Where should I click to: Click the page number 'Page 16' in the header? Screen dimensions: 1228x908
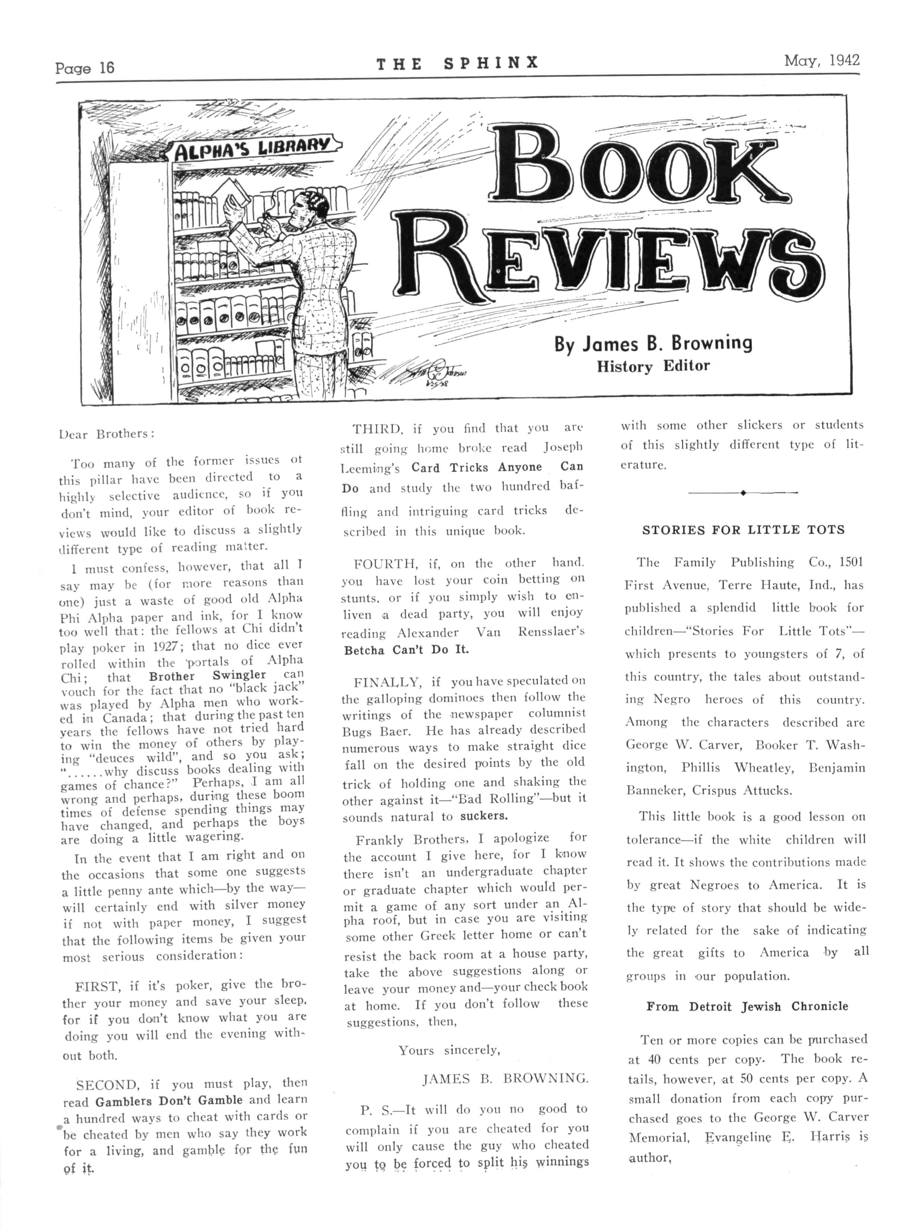pos(85,68)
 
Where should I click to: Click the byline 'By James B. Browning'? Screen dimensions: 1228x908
pos(653,344)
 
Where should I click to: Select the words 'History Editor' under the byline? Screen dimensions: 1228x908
pos(653,366)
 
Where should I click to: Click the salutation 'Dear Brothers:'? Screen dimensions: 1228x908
pos(107,433)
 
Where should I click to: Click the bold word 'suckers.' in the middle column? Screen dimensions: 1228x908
pos(484,816)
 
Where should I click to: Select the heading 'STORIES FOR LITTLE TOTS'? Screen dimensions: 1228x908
pos(743,530)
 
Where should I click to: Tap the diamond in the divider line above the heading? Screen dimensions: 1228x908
pos(743,493)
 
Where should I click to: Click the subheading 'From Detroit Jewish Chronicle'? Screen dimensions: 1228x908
pos(747,1006)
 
